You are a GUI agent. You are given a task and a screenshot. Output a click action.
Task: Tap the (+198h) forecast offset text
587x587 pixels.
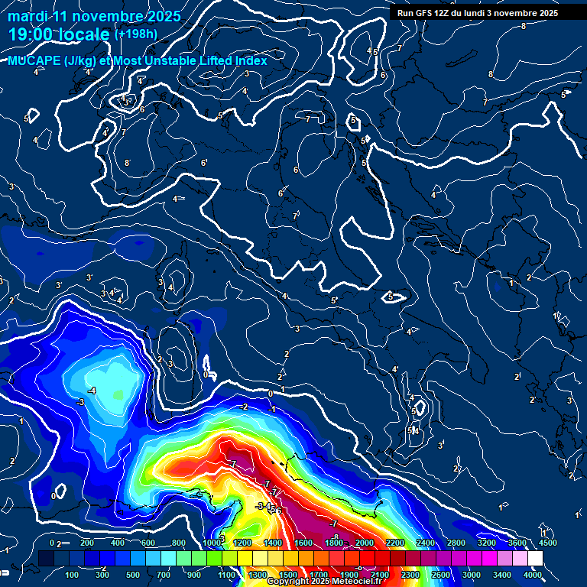pos(135,34)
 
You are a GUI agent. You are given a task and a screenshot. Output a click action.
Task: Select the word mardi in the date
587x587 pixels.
pos(26,16)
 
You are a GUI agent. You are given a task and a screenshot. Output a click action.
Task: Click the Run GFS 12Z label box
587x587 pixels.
pos(478,13)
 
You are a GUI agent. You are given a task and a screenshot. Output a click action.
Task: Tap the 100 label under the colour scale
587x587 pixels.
pos(72,575)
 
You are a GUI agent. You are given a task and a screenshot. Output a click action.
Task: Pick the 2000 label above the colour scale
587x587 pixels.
pos(364,543)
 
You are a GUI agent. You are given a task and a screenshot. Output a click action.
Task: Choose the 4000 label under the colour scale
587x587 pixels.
pos(533,575)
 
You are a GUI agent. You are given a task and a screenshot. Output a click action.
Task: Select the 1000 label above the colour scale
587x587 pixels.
pos(212,543)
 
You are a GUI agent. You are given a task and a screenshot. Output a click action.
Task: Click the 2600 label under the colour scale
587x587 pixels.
pos(441,575)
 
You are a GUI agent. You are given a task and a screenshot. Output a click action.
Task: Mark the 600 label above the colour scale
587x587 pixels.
pos(148,543)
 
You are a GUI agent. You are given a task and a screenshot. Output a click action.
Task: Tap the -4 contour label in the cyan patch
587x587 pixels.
pos(92,391)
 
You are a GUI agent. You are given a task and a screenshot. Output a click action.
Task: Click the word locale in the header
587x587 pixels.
pos(86,34)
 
